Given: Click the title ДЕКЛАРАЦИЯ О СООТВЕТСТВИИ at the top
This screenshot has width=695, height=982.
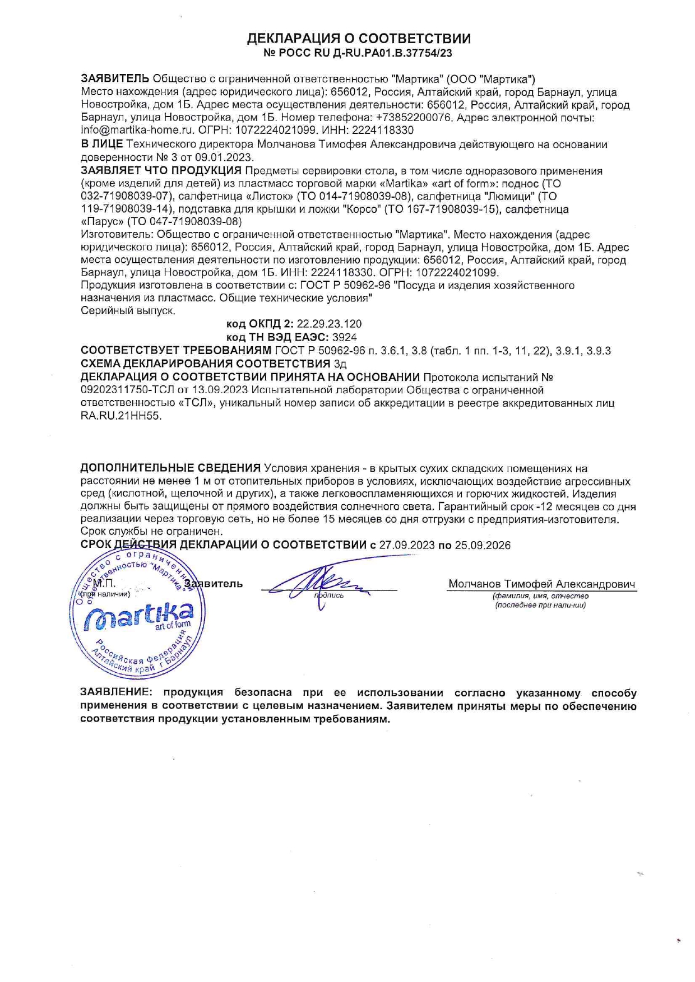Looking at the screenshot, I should tap(359, 39).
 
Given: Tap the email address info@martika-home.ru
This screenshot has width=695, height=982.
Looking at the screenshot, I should tap(138, 131).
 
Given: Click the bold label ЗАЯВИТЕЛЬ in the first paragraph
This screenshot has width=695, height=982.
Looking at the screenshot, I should tap(115, 79).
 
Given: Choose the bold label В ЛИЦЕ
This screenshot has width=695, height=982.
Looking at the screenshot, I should tap(101, 145).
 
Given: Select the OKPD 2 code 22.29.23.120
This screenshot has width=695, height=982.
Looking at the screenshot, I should tap(329, 324).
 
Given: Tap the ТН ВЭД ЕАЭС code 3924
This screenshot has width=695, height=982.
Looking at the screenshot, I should tap(344, 337).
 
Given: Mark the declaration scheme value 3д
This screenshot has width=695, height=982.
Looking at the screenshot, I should tap(340, 364).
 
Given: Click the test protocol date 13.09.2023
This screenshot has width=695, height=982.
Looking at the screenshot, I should tap(225, 390).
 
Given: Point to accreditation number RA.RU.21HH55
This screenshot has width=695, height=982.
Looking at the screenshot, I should tap(121, 416).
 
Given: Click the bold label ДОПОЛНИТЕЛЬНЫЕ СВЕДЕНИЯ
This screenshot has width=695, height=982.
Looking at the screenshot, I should tap(170, 468).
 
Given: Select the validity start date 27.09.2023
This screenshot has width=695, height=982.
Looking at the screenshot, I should tap(407, 545).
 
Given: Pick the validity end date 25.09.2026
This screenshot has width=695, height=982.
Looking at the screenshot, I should tap(483, 545).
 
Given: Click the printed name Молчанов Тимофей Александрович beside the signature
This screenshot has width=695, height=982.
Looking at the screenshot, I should tap(541, 584).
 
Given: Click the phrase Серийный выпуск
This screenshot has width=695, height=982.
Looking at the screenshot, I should tap(128, 310).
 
